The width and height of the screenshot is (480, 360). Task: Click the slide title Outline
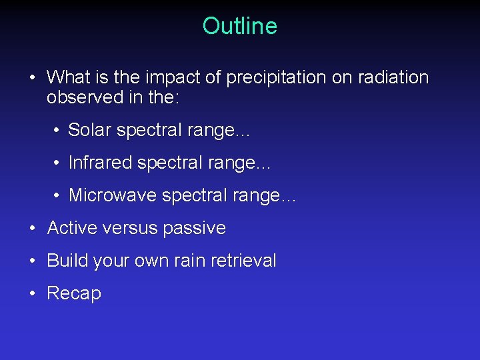tap(239, 26)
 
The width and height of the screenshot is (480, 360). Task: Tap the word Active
tap(72, 228)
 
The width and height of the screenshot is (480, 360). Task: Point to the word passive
tap(195, 228)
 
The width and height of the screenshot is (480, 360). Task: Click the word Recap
tap(74, 293)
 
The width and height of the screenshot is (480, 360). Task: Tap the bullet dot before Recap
tap(33, 293)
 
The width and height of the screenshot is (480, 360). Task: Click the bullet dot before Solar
tap(57, 130)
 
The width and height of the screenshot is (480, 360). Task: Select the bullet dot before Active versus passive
tap(33, 228)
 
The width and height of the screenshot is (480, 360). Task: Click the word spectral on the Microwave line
tap(197, 195)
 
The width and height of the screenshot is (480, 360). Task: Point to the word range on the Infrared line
tap(242, 163)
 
